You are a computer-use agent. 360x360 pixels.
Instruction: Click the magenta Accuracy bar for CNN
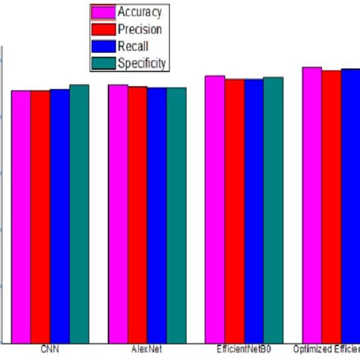[21, 216]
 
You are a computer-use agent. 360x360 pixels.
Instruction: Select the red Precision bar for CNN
[40, 216]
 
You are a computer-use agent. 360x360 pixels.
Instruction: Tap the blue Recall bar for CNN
[59, 216]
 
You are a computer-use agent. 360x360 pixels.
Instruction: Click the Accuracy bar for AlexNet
[118, 213]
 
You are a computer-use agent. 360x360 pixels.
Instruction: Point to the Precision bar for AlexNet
[137, 214]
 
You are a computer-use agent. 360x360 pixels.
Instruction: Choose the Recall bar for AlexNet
[156, 215]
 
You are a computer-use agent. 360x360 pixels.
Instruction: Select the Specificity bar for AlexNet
[176, 215]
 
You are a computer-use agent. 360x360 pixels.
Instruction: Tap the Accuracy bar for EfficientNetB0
[215, 209]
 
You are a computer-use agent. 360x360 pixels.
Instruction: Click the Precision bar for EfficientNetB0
[235, 210]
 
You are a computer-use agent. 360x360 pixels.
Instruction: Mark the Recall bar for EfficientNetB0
[254, 210]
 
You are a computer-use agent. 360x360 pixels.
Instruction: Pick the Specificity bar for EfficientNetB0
[273, 210]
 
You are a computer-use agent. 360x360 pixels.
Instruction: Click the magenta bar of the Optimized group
[312, 204]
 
